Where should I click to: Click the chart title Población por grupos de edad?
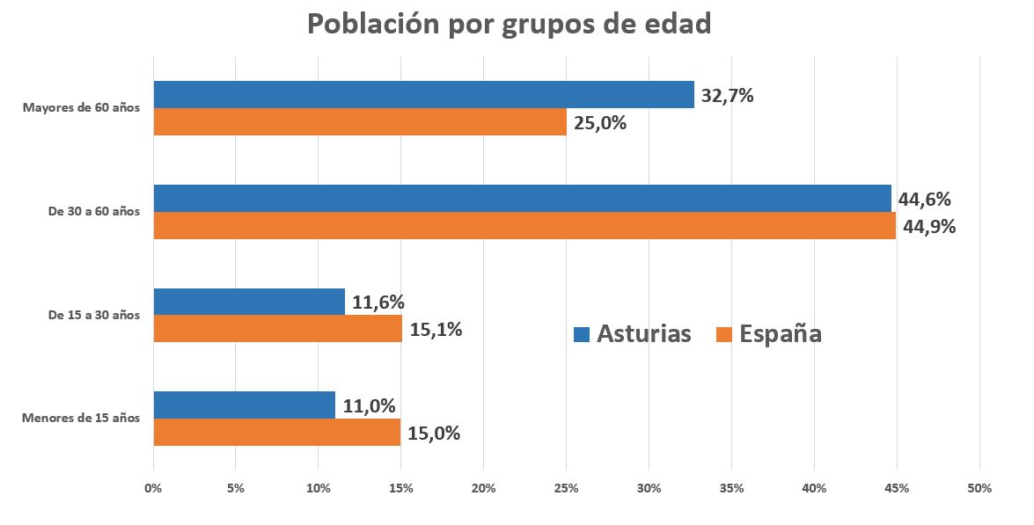(x=509, y=25)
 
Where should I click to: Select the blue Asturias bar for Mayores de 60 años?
(x=423, y=95)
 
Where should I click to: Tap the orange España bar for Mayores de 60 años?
(x=360, y=122)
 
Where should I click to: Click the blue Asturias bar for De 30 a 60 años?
(x=522, y=199)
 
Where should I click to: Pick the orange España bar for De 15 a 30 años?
(x=277, y=329)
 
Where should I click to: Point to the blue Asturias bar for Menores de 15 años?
(x=244, y=405)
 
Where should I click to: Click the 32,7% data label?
(x=727, y=96)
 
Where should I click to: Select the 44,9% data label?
(x=929, y=227)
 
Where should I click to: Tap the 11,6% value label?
(x=378, y=303)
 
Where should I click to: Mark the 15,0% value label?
(x=433, y=433)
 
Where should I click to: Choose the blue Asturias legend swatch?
(x=581, y=334)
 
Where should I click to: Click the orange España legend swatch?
(x=724, y=334)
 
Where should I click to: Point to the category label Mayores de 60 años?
(x=81, y=108)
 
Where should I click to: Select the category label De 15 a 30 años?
(x=94, y=315)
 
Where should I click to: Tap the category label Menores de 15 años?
(x=80, y=418)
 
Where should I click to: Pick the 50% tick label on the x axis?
(x=979, y=488)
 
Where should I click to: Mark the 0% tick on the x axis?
(x=154, y=488)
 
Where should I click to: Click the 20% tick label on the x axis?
(x=483, y=488)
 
